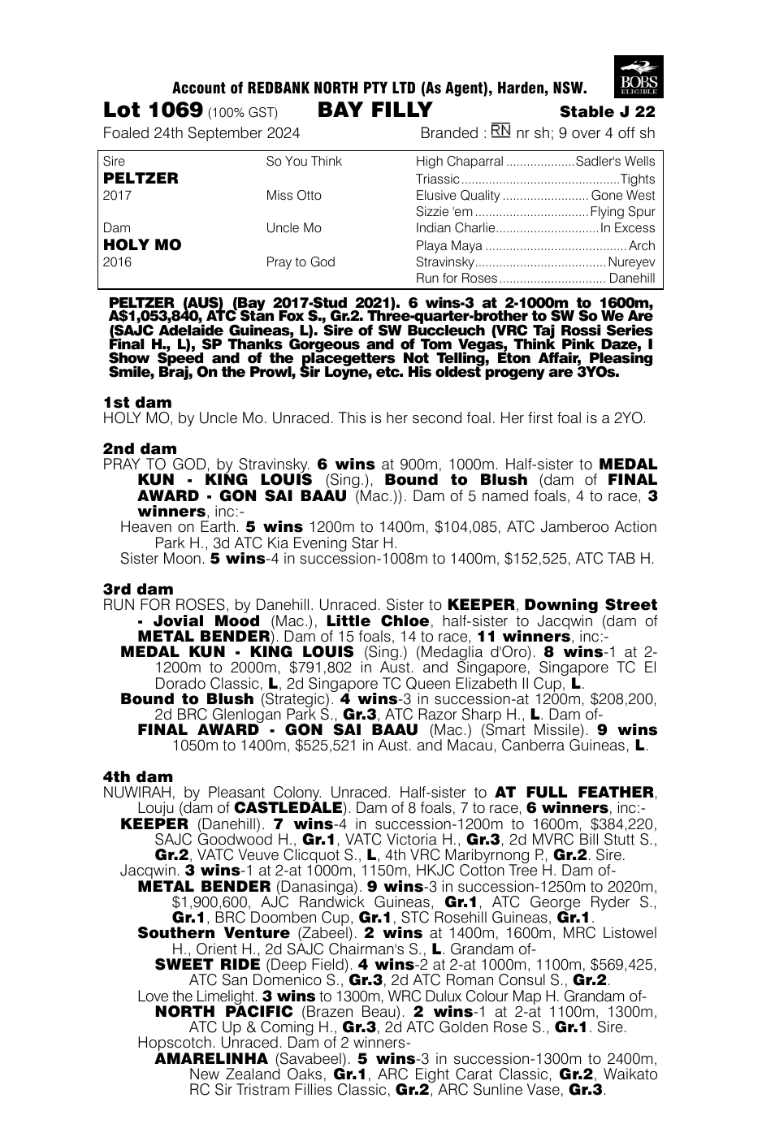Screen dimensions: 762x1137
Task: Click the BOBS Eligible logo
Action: pos(640,77)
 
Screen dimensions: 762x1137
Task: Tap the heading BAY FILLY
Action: pos(375,110)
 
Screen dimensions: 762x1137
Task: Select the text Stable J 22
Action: pos(607,112)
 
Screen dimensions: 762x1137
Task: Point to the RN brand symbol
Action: pos(500,132)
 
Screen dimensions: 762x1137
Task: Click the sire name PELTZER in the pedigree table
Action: pos(141,178)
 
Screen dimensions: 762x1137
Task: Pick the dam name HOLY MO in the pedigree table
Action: pos(142,244)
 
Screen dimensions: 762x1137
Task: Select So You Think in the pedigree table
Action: pos(304,161)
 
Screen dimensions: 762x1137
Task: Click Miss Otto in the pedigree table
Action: pos(293,195)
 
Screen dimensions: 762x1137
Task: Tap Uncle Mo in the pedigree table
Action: pos(293,228)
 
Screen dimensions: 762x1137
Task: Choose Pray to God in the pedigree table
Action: pos(301,262)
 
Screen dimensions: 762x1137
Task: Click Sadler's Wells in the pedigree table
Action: pos(615,161)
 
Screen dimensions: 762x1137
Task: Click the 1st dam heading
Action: pos(137,402)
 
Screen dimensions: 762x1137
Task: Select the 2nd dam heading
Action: pos(140,448)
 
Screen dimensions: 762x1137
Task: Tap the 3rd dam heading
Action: pos(138,590)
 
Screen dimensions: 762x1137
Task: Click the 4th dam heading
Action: pos(138,777)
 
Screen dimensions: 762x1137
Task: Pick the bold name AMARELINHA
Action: pos(210,1058)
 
